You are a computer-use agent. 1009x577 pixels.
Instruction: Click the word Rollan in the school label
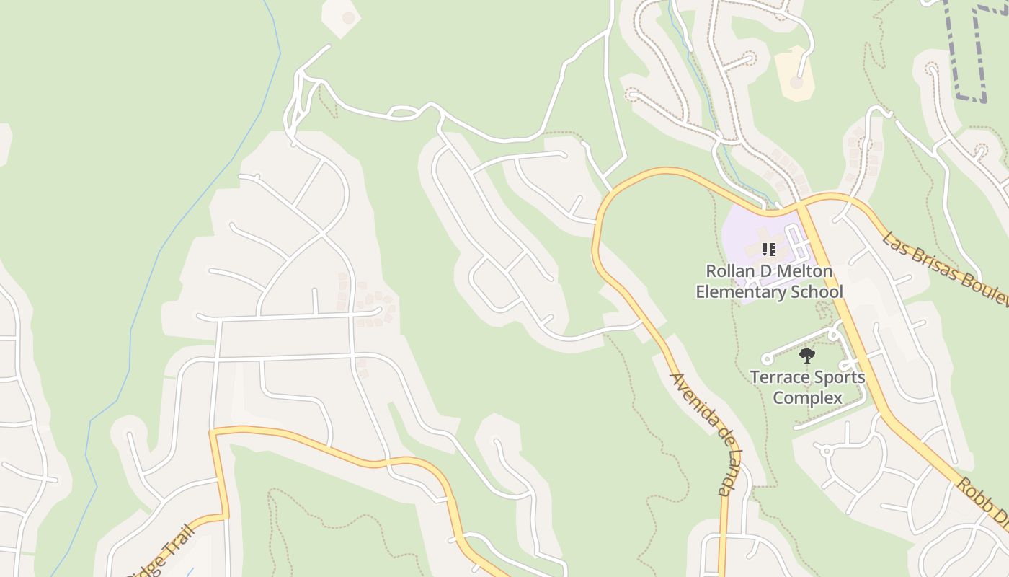tap(729, 272)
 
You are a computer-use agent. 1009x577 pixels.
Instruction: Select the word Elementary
tap(740, 292)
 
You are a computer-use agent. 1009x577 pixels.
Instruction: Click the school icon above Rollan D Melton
tap(769, 250)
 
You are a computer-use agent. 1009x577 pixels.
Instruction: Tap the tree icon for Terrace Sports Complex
tap(807, 355)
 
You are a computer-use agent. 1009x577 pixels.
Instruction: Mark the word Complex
tap(807, 397)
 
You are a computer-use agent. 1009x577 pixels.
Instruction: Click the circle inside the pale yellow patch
tap(796, 82)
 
